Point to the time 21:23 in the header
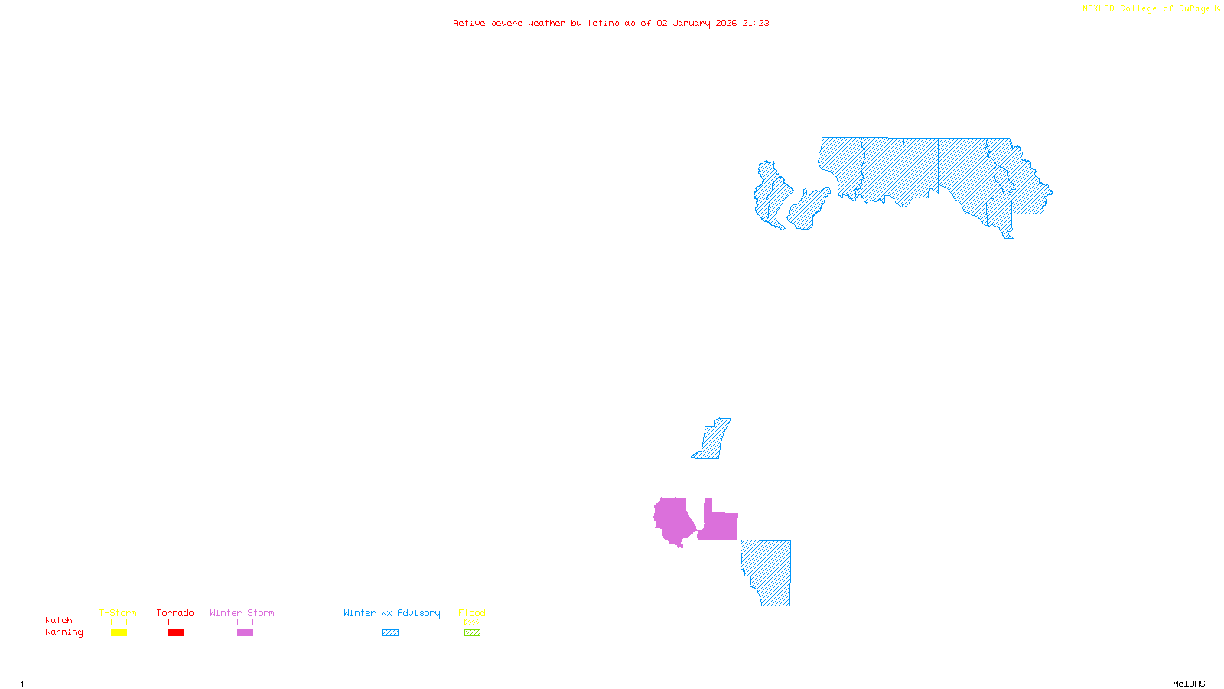click(756, 24)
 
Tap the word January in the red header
click(692, 24)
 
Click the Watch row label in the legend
click(59, 621)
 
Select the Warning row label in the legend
click(64, 632)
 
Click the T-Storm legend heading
click(118, 612)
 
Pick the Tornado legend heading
click(175, 612)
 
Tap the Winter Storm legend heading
click(242, 612)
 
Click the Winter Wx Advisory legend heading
click(392, 612)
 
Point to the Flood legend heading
click(472, 612)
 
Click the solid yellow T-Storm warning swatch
click(119, 633)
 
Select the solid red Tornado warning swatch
click(177, 633)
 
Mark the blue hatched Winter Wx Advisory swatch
click(390, 633)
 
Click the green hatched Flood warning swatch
click(473, 633)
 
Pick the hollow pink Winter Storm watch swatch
click(245, 622)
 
